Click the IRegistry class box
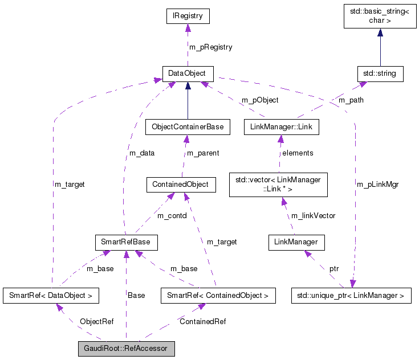coord(188,17)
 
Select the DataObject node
coord(188,73)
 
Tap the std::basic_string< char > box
coord(380,17)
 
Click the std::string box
coord(380,73)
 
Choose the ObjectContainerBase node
coord(188,126)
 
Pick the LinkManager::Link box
coord(280,126)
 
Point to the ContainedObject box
coord(181,185)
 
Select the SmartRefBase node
coord(126,242)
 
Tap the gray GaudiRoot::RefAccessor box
coord(126,348)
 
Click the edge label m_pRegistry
coord(210,47)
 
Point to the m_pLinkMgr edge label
coord(377,185)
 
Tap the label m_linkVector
coord(313,215)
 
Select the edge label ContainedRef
coord(202,322)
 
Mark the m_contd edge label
coord(172,215)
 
